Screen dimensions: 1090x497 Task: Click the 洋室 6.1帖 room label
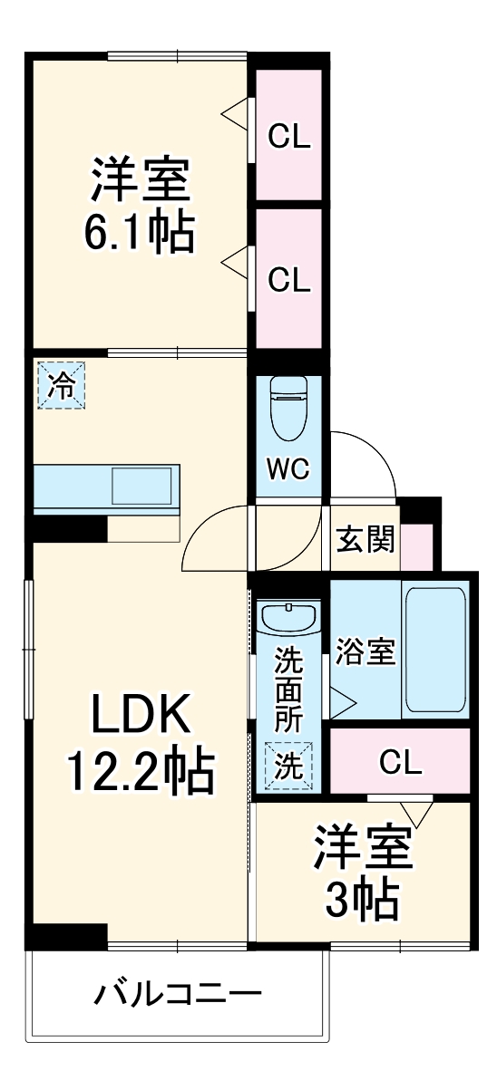(x=140, y=206)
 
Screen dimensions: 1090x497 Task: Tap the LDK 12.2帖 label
(x=139, y=744)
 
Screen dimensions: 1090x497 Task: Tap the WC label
(x=287, y=468)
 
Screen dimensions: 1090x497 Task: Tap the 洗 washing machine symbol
(x=289, y=767)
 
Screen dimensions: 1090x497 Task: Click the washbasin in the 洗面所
(x=289, y=620)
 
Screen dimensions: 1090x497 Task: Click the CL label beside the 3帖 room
(x=400, y=764)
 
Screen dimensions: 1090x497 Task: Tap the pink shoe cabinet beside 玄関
(x=418, y=546)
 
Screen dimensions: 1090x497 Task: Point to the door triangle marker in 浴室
(x=341, y=700)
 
